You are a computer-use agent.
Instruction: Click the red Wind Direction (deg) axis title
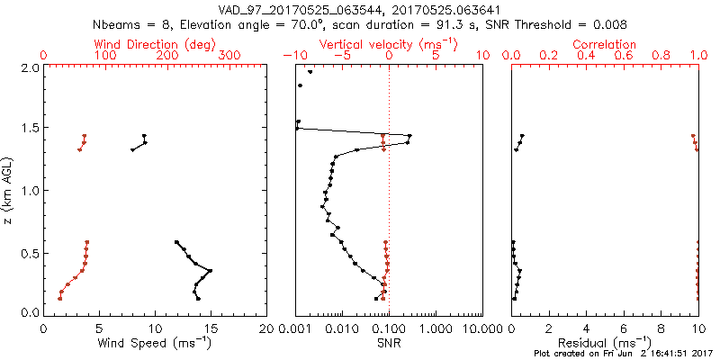155,44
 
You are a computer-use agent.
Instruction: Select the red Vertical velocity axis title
389,44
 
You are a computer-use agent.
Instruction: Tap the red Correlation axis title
605,44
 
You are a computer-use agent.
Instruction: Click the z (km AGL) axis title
8,191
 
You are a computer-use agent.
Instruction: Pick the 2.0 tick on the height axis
30,67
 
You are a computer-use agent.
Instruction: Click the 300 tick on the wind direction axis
229,56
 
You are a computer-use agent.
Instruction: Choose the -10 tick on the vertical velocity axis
294,56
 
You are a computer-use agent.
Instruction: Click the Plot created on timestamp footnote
623,354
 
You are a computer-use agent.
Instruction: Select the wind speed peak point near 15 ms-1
211,270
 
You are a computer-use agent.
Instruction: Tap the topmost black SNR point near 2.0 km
310,72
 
